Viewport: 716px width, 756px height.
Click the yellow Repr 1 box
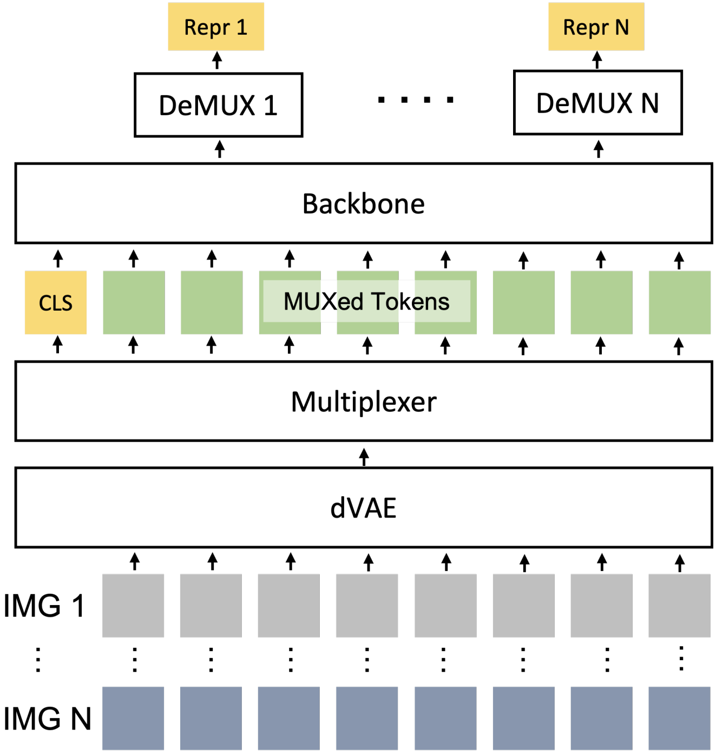pyautogui.click(x=216, y=27)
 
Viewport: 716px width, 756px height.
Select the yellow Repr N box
pyautogui.click(x=596, y=27)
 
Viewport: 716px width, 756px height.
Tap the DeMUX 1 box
pyautogui.click(x=218, y=105)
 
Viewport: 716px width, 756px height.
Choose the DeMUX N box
pyautogui.click(x=597, y=103)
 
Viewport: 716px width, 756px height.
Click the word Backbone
pyautogui.click(x=363, y=204)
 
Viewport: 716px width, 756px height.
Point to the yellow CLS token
pyautogui.click(x=56, y=303)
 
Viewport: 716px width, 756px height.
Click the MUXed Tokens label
pyautogui.click(x=366, y=301)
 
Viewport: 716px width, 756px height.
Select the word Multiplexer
pyautogui.click(x=363, y=402)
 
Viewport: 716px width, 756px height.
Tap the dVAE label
pyautogui.click(x=363, y=508)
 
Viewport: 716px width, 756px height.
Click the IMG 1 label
pyautogui.click(x=44, y=606)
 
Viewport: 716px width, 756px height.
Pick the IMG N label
pyautogui.click(x=47, y=719)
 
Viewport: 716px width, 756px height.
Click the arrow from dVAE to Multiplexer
pyautogui.click(x=364, y=457)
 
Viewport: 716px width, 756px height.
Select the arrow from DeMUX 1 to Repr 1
pyautogui.click(x=217, y=60)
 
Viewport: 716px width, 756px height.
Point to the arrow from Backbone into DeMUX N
pyautogui.click(x=599, y=149)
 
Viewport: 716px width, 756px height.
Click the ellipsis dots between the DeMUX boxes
pyautogui.click(x=416, y=100)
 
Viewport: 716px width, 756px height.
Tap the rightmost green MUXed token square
pyautogui.click(x=679, y=303)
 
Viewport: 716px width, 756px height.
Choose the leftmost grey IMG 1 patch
pyautogui.click(x=133, y=606)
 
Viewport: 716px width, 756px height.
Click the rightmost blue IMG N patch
pyautogui.click(x=679, y=718)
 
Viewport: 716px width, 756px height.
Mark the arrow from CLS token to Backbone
pyautogui.click(x=58, y=259)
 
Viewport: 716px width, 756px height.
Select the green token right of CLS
pyautogui.click(x=134, y=303)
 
